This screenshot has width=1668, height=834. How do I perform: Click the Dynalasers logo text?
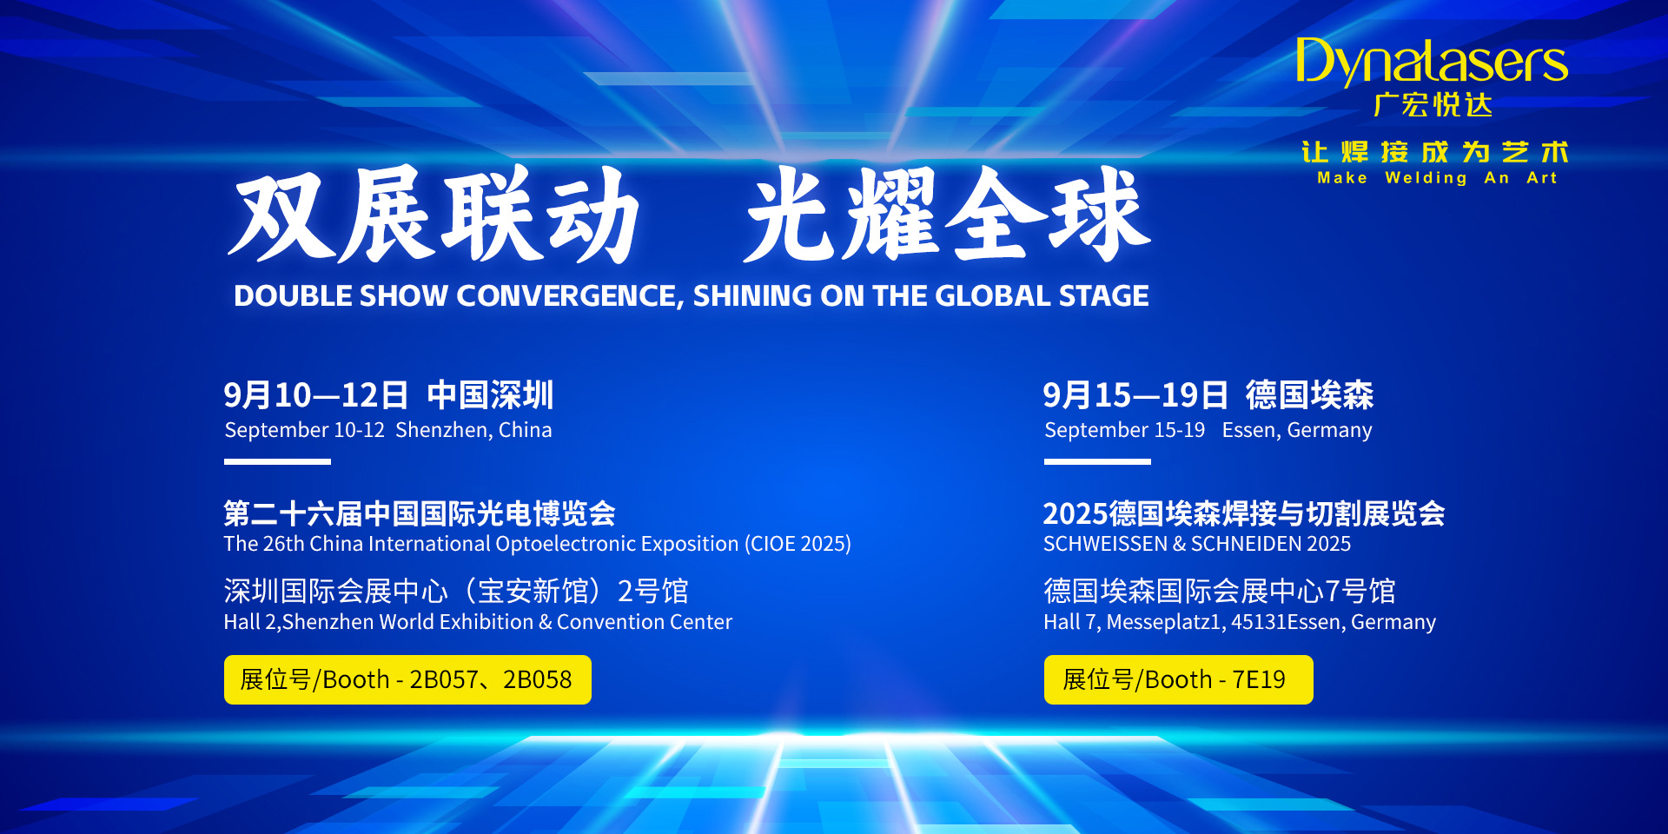[1432, 62]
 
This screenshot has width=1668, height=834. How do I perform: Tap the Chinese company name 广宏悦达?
[1433, 105]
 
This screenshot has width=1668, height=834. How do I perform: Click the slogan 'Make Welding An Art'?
[1437, 178]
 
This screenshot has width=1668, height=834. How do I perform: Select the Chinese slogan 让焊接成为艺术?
[1434, 152]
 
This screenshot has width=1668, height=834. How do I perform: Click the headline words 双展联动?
[434, 215]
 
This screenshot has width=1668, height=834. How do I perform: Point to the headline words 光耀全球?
[948, 215]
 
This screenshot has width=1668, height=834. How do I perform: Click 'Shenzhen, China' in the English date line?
[473, 430]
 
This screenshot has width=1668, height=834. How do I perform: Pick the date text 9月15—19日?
[1135, 395]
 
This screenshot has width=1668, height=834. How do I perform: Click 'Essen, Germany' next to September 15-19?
[1297, 430]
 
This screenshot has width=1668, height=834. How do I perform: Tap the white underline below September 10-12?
[277, 461]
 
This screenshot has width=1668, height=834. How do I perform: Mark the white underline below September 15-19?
[1097, 461]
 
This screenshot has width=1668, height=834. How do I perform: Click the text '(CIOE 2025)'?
[798, 544]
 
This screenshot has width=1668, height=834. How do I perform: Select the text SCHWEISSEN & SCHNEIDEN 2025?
[1197, 544]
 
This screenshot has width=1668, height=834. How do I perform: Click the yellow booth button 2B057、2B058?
[407, 679]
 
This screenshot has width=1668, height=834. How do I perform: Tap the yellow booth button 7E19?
[1178, 679]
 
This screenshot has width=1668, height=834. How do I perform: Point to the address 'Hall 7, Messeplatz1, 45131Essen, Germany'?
[1240, 622]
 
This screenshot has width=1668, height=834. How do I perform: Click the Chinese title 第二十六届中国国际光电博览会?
[420, 513]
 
